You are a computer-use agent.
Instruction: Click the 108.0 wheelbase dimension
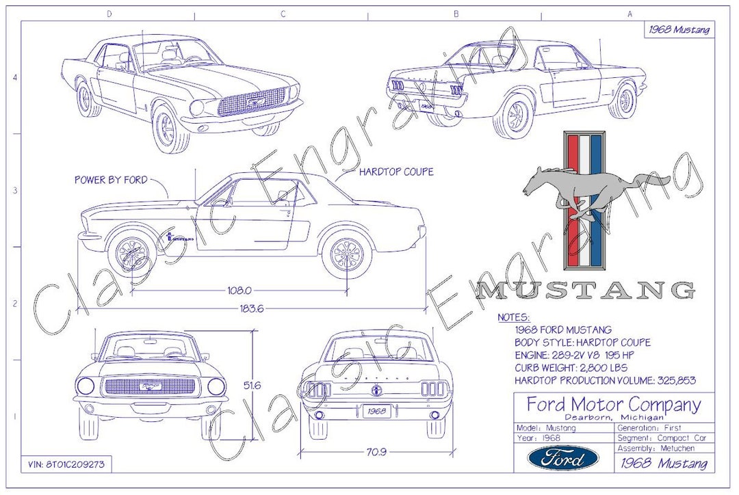click(x=239, y=290)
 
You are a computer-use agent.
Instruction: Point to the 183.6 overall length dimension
click(x=251, y=308)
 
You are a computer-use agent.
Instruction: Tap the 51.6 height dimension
click(x=252, y=386)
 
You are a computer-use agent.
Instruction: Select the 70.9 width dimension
click(x=374, y=451)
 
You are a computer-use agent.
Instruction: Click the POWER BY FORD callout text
click(x=111, y=180)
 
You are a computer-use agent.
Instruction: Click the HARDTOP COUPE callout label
click(x=396, y=172)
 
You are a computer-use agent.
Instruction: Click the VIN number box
click(x=66, y=464)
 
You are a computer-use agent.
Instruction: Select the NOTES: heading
click(x=513, y=317)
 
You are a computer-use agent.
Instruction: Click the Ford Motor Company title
click(x=613, y=405)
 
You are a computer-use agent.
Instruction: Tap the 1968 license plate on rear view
click(x=375, y=412)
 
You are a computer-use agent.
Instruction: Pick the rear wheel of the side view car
click(x=346, y=254)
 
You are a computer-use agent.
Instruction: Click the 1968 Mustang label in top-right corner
click(x=679, y=29)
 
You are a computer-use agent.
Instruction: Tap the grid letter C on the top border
click(x=282, y=14)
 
